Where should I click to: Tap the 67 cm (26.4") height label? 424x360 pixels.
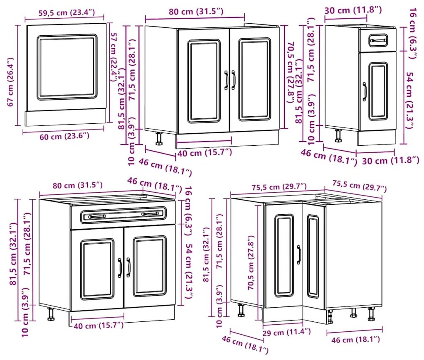(x=10, y=82)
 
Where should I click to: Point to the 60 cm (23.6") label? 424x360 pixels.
(x=64, y=136)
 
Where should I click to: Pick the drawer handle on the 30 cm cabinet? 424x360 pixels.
(x=378, y=41)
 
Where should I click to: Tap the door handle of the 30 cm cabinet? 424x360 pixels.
(x=365, y=92)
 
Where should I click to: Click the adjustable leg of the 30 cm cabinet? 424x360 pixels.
(x=338, y=135)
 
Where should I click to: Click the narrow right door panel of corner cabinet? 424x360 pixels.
(x=313, y=256)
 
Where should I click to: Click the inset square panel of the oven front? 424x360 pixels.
(x=67, y=67)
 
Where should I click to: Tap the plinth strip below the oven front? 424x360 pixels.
(x=65, y=118)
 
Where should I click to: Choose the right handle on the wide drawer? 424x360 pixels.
(x=150, y=214)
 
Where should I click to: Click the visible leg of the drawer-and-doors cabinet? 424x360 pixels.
(x=51, y=314)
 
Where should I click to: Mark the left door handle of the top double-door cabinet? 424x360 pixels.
(x=226, y=80)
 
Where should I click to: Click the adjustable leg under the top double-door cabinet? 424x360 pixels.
(x=159, y=139)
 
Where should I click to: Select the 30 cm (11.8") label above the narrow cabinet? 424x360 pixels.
(x=353, y=10)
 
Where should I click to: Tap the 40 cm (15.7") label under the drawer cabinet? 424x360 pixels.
(x=99, y=325)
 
